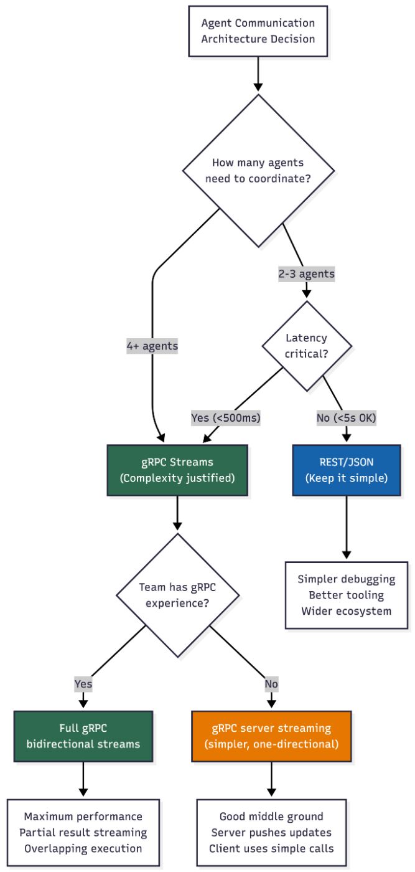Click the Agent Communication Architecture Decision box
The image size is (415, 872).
pyautogui.click(x=258, y=31)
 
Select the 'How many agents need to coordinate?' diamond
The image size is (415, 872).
pyautogui.click(x=258, y=170)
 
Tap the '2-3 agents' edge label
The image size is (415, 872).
pyautogui.click(x=305, y=273)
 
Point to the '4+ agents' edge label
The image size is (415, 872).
pyautogui.click(x=152, y=346)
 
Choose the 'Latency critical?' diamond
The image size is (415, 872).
pyautogui.click(x=306, y=346)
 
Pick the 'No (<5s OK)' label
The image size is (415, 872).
pyautogui.click(x=346, y=417)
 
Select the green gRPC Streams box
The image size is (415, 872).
pyautogui.click(x=178, y=470)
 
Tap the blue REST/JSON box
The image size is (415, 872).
pyautogui.click(x=347, y=470)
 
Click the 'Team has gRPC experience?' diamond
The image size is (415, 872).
pyautogui.click(x=178, y=595)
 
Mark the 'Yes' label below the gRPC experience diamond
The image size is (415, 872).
pyautogui.click(x=83, y=683)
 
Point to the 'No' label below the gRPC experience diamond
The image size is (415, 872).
pyautogui.click(x=271, y=683)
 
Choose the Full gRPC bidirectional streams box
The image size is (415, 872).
pyautogui.click(x=83, y=736)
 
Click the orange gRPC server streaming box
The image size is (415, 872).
pyautogui.click(x=271, y=736)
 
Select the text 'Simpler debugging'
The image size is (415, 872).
pyautogui.click(x=347, y=579)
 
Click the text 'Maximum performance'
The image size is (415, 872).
pyautogui.click(x=83, y=817)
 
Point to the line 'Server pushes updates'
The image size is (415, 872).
pyautogui.click(x=271, y=832)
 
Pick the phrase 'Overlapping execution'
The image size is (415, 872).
pyautogui.click(x=83, y=848)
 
